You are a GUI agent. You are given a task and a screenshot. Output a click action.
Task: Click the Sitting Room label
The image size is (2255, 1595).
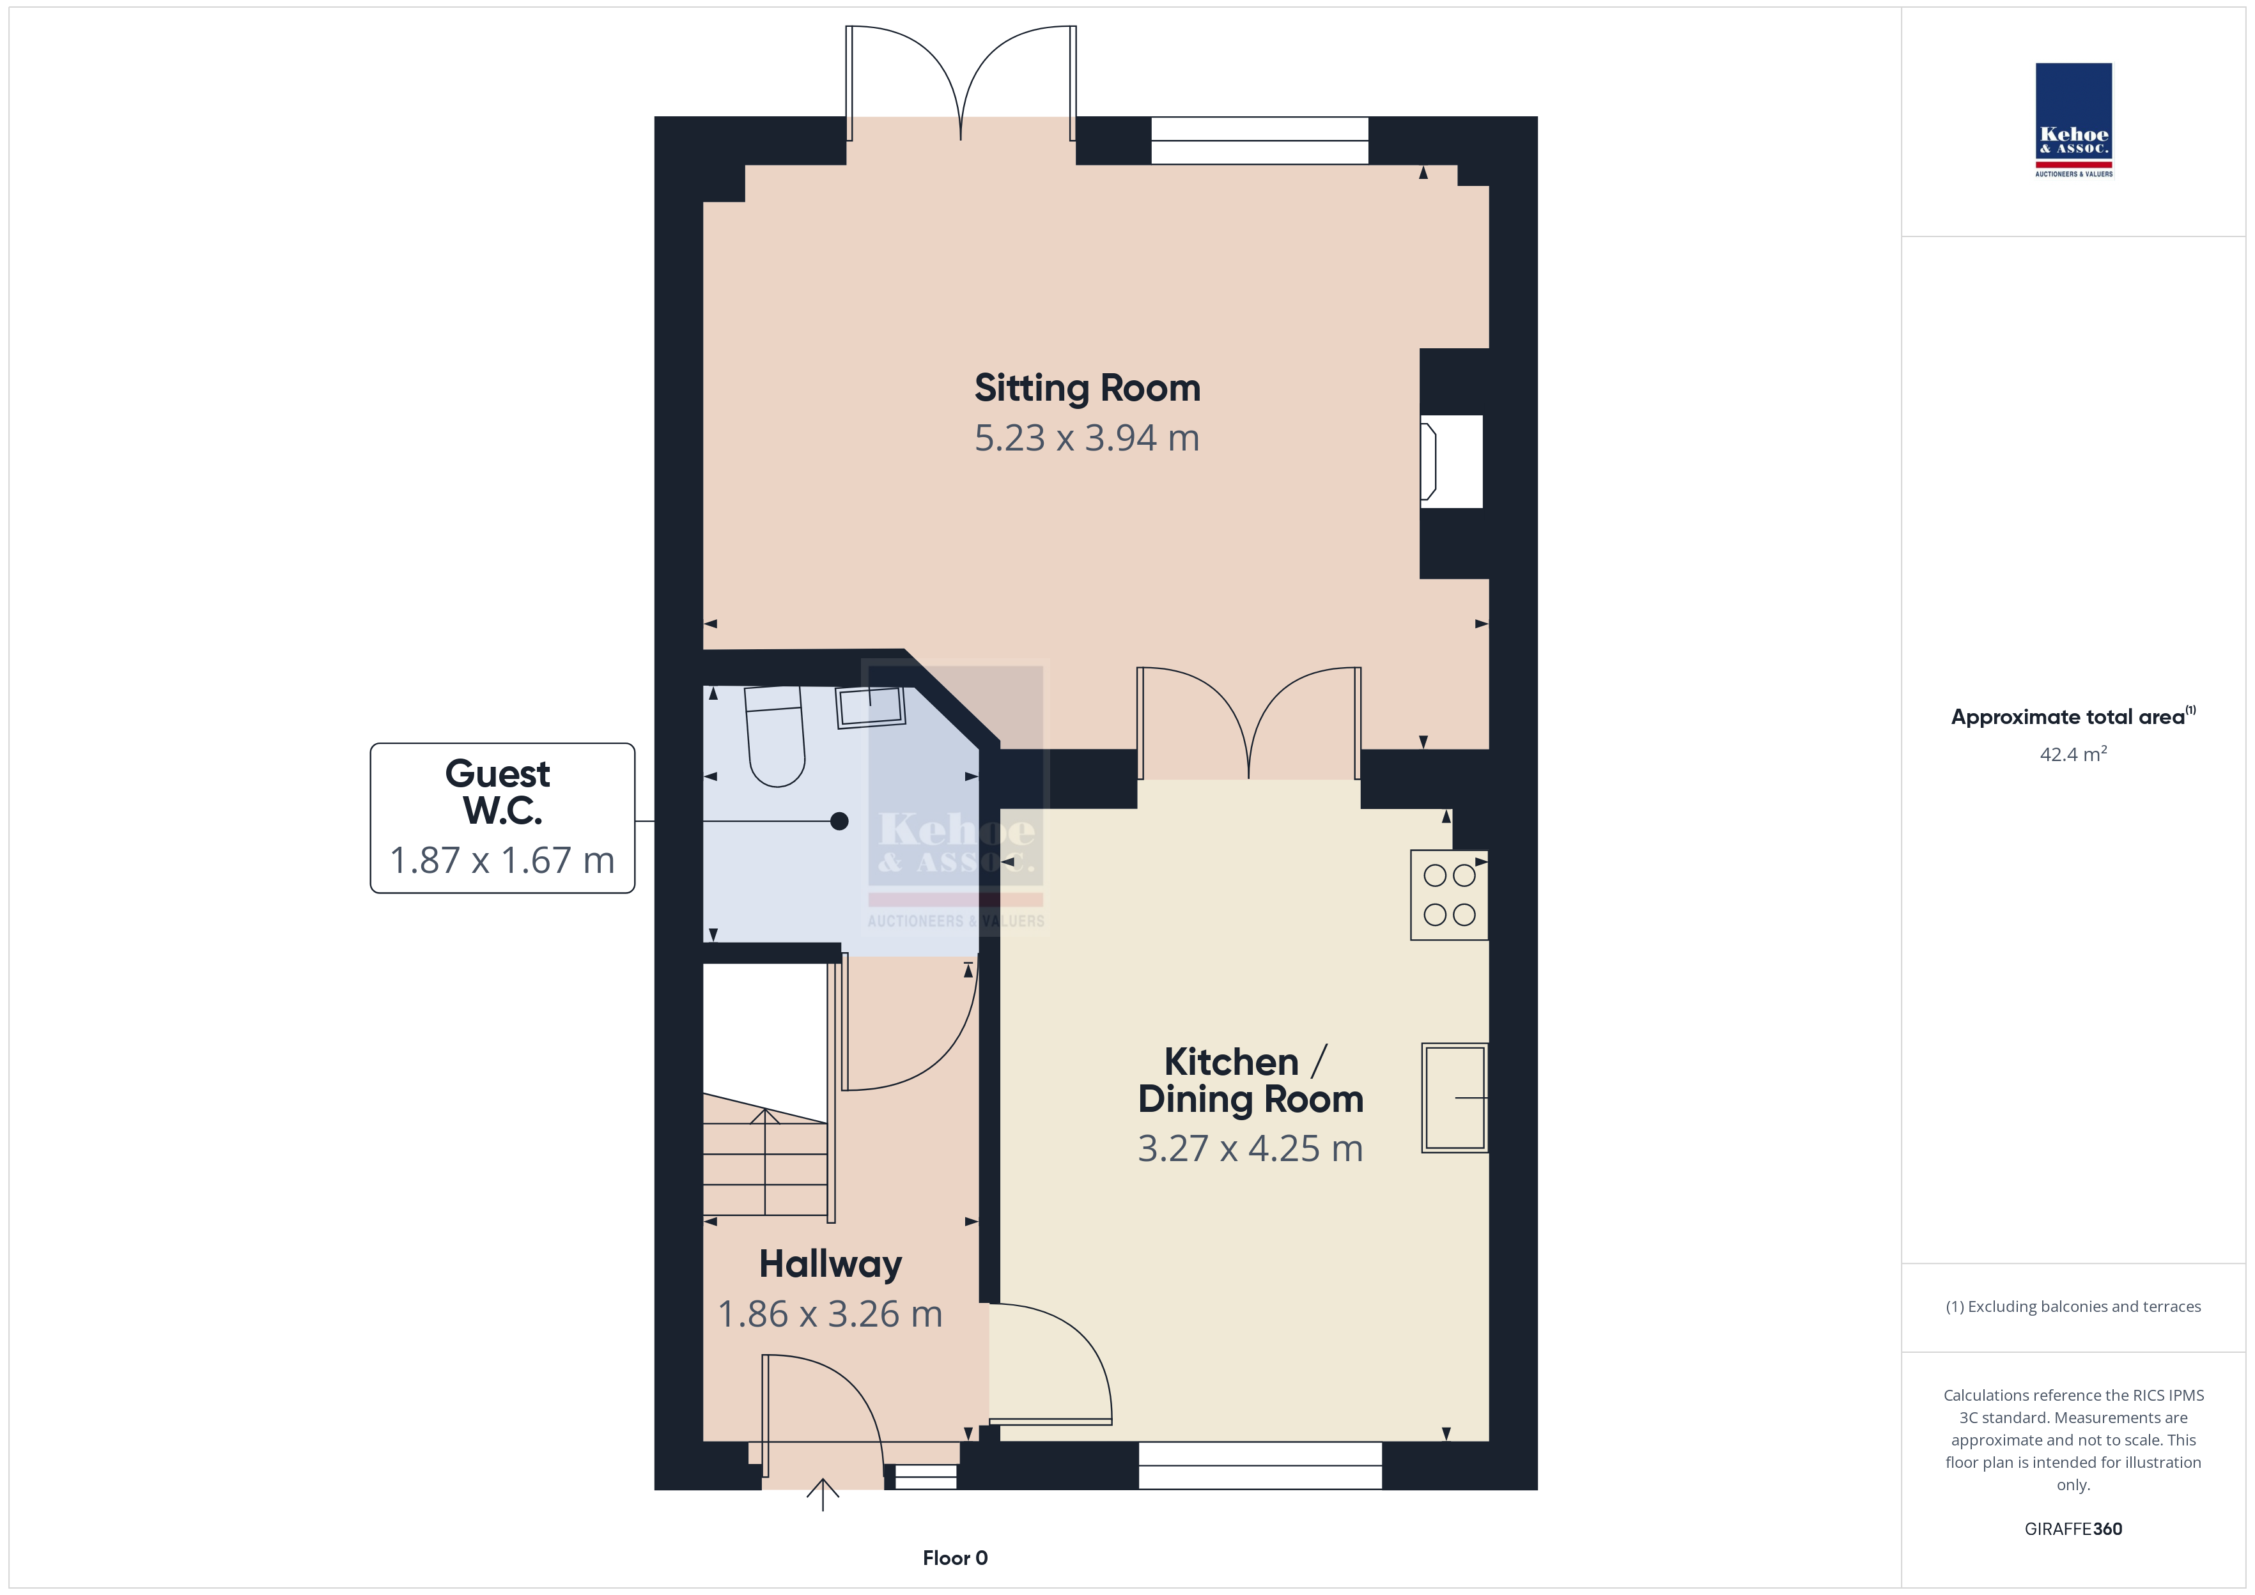[1087, 389]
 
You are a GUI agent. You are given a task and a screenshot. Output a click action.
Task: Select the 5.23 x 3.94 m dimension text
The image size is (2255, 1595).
[1087, 438]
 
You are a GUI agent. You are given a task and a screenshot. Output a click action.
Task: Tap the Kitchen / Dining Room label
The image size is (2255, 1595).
[1250, 1081]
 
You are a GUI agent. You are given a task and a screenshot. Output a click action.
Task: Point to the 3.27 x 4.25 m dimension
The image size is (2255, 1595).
[1250, 1148]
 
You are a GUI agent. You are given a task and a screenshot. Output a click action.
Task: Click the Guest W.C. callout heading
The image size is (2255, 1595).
[501, 792]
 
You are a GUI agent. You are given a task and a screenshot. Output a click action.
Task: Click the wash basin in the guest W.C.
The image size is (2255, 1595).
[870, 707]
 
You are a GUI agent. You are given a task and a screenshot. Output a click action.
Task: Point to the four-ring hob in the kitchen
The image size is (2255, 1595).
[1450, 895]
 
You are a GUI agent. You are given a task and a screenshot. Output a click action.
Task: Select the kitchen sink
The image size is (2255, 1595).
[1455, 1097]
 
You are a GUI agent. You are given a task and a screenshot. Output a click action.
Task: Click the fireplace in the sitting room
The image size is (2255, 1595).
[1452, 461]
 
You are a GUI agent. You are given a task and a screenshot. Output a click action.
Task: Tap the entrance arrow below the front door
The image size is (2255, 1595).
[823, 1495]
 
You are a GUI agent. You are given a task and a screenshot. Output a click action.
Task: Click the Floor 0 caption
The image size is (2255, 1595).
[955, 1559]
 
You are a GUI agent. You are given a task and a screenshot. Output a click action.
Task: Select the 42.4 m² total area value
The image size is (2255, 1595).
[2073, 754]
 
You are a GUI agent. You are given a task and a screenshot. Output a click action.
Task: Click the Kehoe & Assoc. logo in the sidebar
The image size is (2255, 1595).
[2073, 120]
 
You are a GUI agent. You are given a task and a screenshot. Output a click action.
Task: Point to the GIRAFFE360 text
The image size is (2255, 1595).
[2073, 1529]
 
